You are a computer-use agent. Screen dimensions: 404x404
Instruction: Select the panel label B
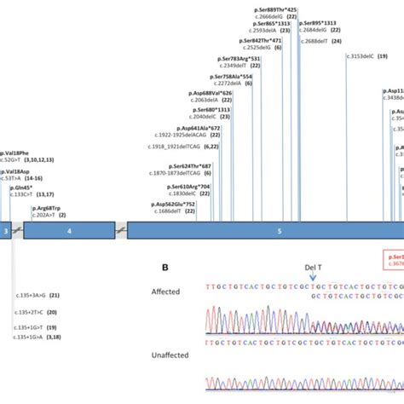point(165,267)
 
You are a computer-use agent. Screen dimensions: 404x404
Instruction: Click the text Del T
point(313,265)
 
